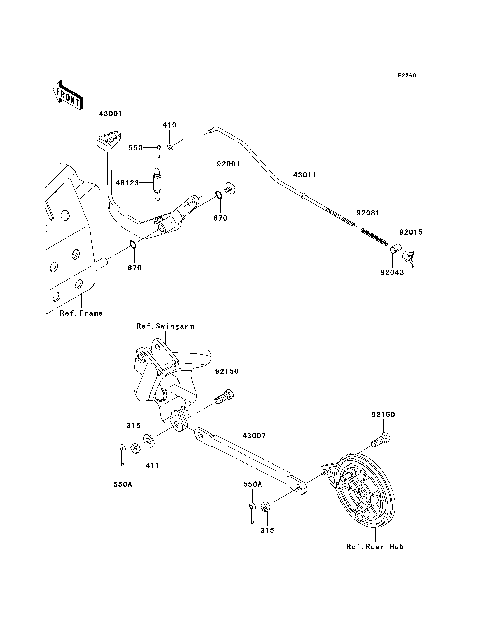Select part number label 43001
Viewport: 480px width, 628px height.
point(109,113)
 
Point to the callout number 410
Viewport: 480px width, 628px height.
point(169,125)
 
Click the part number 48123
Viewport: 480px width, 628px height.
point(127,182)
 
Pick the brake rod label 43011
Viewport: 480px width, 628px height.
point(305,175)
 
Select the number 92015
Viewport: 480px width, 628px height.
point(412,232)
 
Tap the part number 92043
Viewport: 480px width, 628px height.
point(391,271)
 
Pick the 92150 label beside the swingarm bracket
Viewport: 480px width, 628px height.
point(226,370)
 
